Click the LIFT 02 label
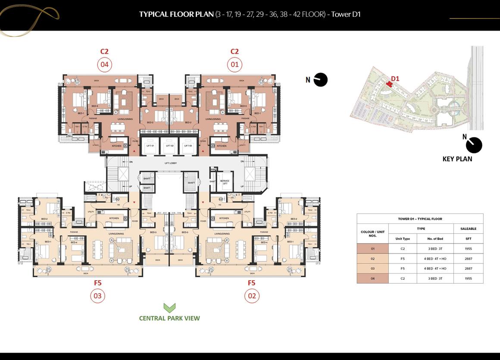(169, 146)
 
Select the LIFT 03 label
(188, 146)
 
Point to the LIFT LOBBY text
(170, 163)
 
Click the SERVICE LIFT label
(225, 182)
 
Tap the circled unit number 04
(104, 65)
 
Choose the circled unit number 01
(234, 65)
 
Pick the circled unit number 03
(98, 296)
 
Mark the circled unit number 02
(252, 296)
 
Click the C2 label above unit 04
(104, 51)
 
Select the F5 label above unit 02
(252, 283)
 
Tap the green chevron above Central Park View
(169, 307)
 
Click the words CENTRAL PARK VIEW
(169, 318)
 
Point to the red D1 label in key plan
(395, 78)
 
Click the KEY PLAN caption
(457, 159)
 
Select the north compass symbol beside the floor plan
(320, 80)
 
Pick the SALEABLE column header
(468, 229)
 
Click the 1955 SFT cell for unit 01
(468, 249)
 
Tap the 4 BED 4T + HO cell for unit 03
(435, 269)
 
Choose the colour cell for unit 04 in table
(372, 279)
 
